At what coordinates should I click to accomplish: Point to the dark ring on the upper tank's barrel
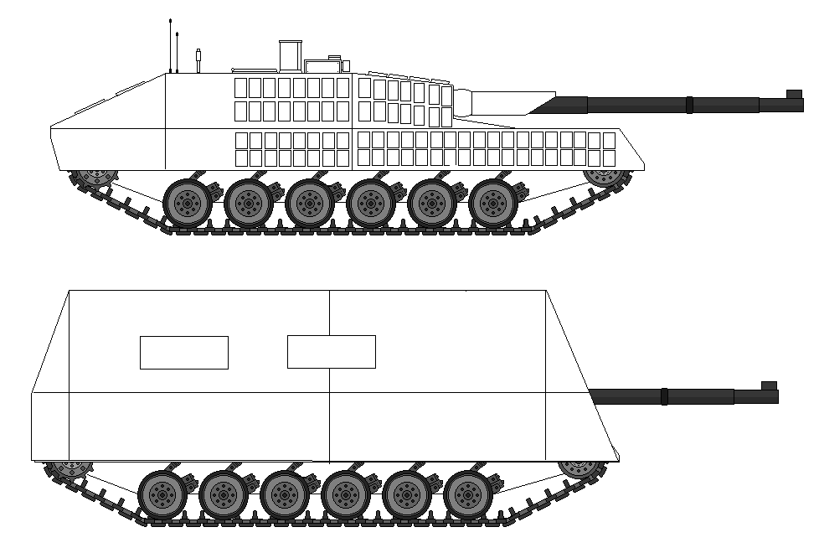pos(688,105)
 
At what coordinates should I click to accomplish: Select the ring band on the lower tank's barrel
pos(664,395)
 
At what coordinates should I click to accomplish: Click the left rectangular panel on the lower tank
pos(183,352)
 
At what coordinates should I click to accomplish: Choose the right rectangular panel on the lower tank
pos(331,352)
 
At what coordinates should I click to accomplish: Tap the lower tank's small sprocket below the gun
pos(579,467)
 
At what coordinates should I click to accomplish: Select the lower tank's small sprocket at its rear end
pos(68,468)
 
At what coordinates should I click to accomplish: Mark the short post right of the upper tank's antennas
pos(198,60)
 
